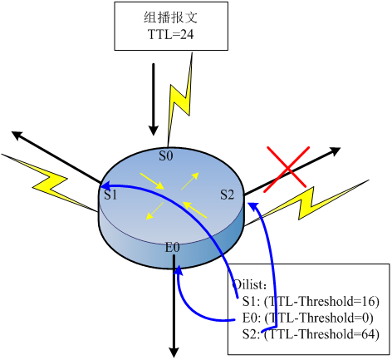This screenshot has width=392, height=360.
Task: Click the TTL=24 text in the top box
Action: pyautogui.click(x=171, y=34)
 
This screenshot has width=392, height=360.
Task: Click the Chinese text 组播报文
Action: pyautogui.click(x=171, y=17)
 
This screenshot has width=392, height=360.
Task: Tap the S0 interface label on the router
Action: pyautogui.click(x=166, y=155)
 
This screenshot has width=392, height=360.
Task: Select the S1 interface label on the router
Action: pyautogui.click(x=110, y=195)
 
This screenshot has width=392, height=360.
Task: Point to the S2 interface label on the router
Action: pyautogui.click(x=228, y=195)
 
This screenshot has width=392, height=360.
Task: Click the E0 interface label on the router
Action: pyautogui.click(x=172, y=247)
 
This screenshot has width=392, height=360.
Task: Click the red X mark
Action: pyautogui.click(x=287, y=169)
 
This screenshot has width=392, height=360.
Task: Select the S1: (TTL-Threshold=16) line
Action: pyautogui.click(x=311, y=302)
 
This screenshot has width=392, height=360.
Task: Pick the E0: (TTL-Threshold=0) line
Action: pyautogui.click(x=308, y=318)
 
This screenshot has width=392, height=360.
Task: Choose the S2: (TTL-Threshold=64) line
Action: pyautogui.click(x=311, y=334)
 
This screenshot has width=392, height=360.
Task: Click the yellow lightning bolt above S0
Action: pyautogui.click(x=180, y=100)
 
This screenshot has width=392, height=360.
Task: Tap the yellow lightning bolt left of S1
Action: pyautogui.click(x=50, y=183)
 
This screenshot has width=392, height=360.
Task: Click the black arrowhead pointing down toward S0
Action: pyautogui.click(x=154, y=131)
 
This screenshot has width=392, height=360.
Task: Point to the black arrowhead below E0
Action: pyautogui.click(x=174, y=353)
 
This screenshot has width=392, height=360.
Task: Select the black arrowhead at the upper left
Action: pyautogui.click(x=17, y=136)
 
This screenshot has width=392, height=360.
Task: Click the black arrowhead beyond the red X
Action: pyautogui.click(x=336, y=151)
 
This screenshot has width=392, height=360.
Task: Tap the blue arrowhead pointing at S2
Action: pyautogui.click(x=253, y=206)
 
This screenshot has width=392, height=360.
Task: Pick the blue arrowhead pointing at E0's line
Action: pyautogui.click(x=179, y=270)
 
